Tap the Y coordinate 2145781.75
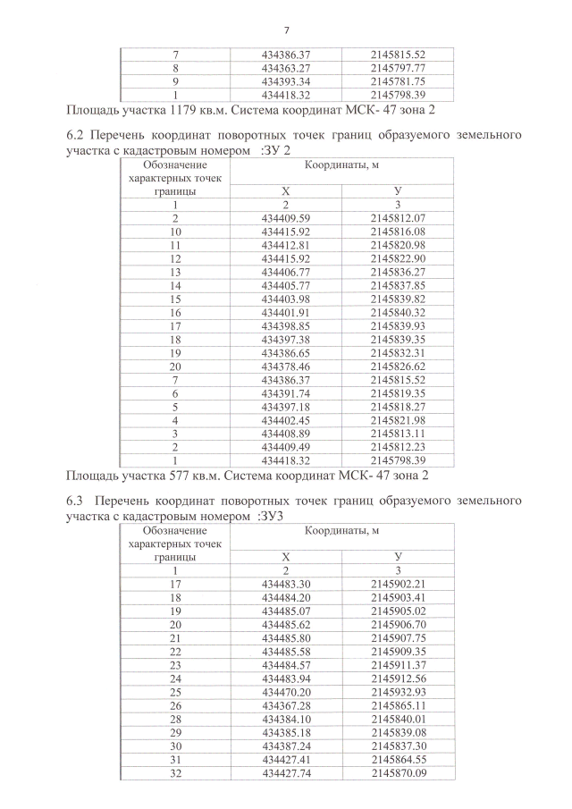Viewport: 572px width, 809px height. [398, 81]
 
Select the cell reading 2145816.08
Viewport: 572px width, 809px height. [398, 232]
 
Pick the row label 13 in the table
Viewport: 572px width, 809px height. [175, 272]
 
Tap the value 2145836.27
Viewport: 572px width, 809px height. [398, 272]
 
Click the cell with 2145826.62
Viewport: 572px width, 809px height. [398, 367]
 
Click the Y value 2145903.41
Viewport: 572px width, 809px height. [398, 597]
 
